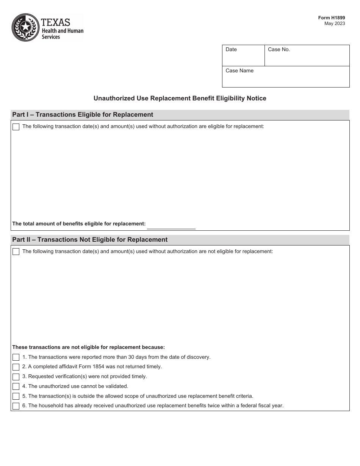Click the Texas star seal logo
tap(25, 27)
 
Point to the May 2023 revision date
tap(335, 23)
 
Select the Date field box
tap(243, 56)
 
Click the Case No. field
tap(307, 56)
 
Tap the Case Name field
tap(285, 77)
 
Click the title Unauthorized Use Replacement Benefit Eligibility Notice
tap(180, 99)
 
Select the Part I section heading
tap(83, 115)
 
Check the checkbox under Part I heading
tap(16, 127)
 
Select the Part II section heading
tap(90, 240)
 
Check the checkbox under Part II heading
tap(16, 252)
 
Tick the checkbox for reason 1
tap(16, 357)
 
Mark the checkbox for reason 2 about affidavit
tap(16, 367)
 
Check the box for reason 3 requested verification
tap(16, 377)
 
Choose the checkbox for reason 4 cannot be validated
tap(16, 386)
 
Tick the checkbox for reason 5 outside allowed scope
tap(16, 396)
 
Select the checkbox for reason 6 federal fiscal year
tap(16, 406)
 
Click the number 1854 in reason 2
tap(97, 367)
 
